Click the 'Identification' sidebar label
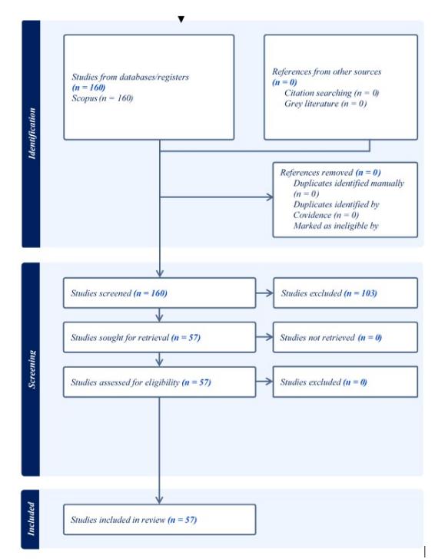click(x=32, y=134)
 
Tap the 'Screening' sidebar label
click(x=32, y=369)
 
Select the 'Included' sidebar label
click(x=32, y=519)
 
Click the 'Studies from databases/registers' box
click(x=149, y=88)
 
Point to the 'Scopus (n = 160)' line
click(x=102, y=98)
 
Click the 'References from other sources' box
click(x=340, y=88)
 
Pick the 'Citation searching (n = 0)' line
click(x=331, y=93)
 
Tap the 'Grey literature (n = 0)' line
click(x=325, y=104)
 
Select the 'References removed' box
click(x=345, y=200)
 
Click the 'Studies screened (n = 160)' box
click(x=160, y=293)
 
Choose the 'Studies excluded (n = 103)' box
click(x=345, y=293)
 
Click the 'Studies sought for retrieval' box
click(x=160, y=337)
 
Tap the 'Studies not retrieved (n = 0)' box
click(x=345, y=337)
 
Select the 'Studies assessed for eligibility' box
click(x=160, y=382)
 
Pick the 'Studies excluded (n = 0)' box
click(x=345, y=382)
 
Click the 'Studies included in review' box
click(x=160, y=519)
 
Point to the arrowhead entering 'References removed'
click(x=270, y=197)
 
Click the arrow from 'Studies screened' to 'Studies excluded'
click(x=264, y=293)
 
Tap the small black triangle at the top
click(x=181, y=19)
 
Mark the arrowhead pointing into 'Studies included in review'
click(x=160, y=500)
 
